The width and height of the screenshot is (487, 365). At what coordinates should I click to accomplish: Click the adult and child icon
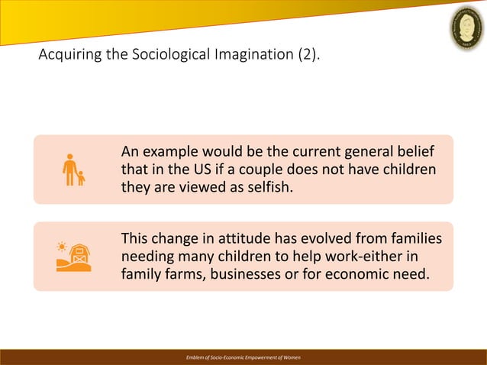point(73,170)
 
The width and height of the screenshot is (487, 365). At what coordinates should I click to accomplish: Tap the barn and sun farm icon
point(73,257)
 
